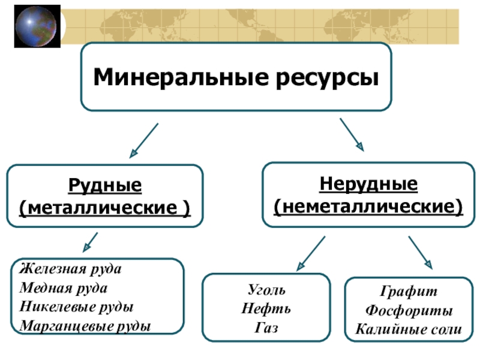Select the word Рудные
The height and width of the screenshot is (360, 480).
(x=104, y=185)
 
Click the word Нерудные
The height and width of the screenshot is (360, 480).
(x=368, y=184)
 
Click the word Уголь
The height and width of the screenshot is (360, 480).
(x=266, y=290)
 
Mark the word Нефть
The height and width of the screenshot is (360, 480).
(x=266, y=309)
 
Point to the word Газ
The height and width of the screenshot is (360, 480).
(x=266, y=328)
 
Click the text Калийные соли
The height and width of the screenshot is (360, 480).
(x=409, y=329)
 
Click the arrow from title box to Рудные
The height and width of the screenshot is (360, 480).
(x=144, y=140)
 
